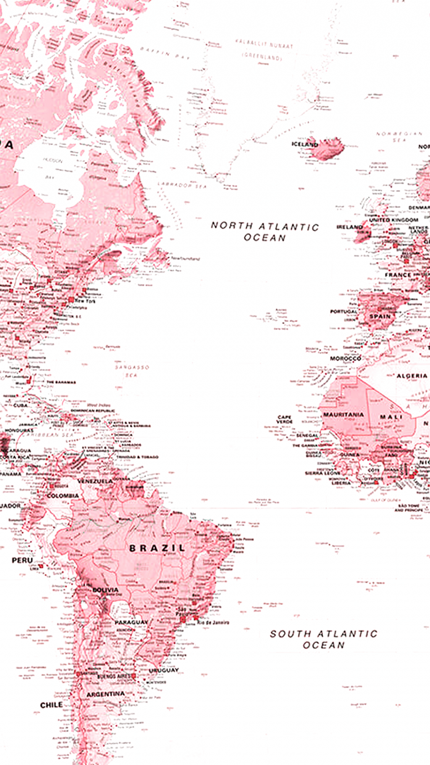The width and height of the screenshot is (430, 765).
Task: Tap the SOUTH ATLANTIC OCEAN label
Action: click(323, 639)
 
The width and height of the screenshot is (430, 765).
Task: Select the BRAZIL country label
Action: click(157, 548)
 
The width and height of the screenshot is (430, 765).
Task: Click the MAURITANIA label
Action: click(343, 415)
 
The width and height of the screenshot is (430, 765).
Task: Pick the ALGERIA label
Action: click(412, 376)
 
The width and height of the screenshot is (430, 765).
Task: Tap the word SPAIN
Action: click(380, 316)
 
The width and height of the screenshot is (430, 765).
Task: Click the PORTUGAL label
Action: click(343, 311)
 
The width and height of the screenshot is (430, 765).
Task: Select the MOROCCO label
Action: click(345, 359)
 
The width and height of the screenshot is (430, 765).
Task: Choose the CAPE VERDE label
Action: click(284, 419)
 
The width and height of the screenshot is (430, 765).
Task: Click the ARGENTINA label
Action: click(105, 694)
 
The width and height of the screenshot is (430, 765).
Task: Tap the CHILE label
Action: click(51, 705)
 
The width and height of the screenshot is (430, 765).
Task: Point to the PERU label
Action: click(22, 560)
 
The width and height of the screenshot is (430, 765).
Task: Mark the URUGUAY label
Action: click(164, 670)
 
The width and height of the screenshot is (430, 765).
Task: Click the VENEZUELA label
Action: click(95, 481)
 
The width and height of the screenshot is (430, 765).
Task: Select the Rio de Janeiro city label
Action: click(213, 622)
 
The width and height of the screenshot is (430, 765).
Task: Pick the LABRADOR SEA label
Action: click(182, 185)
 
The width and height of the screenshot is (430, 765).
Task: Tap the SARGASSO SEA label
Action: click(132, 371)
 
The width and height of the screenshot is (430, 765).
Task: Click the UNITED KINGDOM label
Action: click(393, 220)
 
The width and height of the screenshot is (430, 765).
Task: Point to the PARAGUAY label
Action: click(131, 622)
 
